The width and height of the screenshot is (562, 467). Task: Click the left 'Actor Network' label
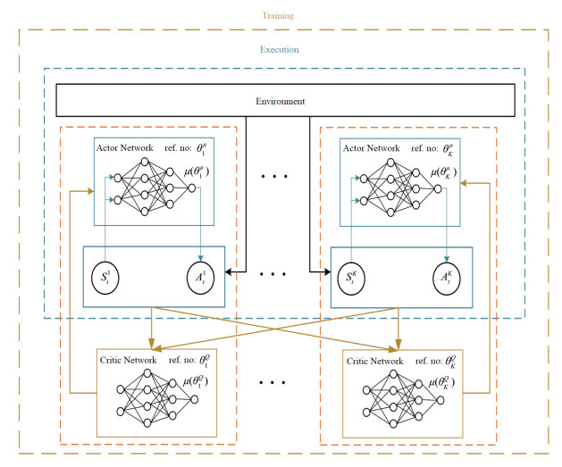[x=122, y=148]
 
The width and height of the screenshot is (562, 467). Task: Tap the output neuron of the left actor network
[x=191, y=188]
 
